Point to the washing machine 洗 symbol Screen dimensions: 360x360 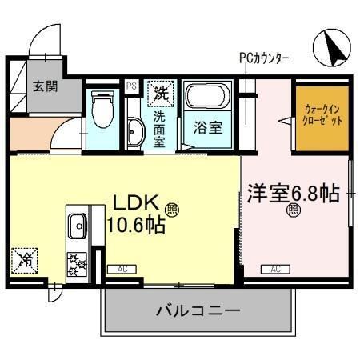click(x=161, y=93)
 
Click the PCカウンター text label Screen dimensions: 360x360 click(x=263, y=58)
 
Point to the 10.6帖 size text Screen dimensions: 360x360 click(x=135, y=226)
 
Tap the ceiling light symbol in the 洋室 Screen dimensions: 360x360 click(x=293, y=211)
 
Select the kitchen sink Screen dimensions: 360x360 click(x=78, y=226)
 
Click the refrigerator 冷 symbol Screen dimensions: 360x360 click(x=26, y=260)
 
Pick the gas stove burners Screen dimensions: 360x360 click(x=78, y=263)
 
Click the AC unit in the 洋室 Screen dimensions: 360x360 click(x=274, y=269)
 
